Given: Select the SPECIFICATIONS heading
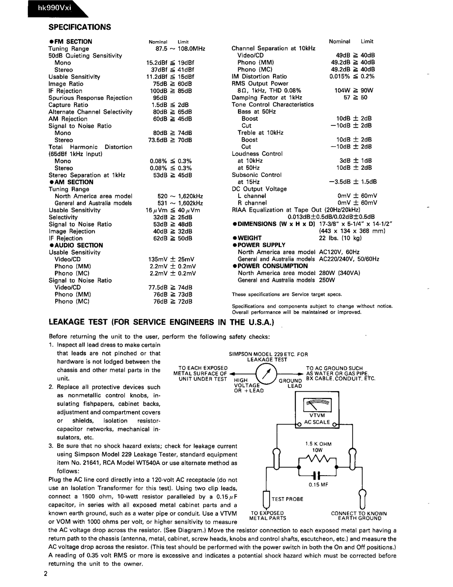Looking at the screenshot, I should [x=80, y=27].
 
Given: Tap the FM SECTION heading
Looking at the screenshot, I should [x=71, y=42].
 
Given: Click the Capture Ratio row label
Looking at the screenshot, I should [x=68, y=105].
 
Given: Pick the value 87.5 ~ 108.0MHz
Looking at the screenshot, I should [x=178, y=49].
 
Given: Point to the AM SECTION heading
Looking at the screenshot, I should [x=71, y=182].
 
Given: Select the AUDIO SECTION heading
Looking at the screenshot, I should [x=76, y=245].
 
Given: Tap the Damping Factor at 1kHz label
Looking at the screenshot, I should [x=267, y=98].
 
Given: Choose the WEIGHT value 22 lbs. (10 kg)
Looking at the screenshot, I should [x=340, y=238].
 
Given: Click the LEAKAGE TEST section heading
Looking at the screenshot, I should [x=161, y=322].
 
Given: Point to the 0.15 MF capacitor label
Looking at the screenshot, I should [x=318, y=485].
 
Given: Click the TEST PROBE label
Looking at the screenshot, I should [x=287, y=499].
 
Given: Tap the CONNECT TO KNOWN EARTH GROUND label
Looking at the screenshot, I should [x=359, y=516].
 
